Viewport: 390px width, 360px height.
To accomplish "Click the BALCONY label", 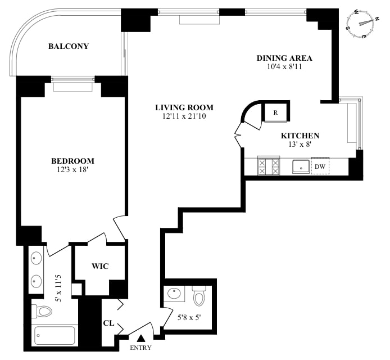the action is [x=69, y=46].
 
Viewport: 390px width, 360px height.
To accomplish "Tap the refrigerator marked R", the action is [x=275, y=112].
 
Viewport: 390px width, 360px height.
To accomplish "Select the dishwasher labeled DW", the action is [x=320, y=166].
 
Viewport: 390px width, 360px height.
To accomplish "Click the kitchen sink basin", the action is [x=301, y=166].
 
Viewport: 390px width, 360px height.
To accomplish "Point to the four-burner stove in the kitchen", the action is [x=269, y=166].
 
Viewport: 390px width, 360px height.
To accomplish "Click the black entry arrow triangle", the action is [x=141, y=338].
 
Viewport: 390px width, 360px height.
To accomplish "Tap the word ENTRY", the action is [x=140, y=348].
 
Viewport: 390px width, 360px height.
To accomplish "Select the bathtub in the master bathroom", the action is [x=55, y=336].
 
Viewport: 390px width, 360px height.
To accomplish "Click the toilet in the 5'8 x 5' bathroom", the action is [x=199, y=296].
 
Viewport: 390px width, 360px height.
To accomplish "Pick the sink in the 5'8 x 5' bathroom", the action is [x=176, y=293].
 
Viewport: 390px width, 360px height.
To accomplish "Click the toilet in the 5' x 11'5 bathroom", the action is [x=42, y=311].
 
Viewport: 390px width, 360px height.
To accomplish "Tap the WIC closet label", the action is [x=100, y=266].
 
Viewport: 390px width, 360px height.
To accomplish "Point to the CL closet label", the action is [x=108, y=323].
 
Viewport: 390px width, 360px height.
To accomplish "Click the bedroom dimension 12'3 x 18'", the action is [x=72, y=170].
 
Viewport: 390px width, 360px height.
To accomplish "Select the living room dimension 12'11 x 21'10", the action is [x=184, y=116].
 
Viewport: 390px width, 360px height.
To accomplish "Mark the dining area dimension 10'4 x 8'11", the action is [x=284, y=67].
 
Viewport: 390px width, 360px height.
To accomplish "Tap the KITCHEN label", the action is [x=300, y=136].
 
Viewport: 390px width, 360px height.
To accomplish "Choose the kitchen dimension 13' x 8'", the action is [x=300, y=144].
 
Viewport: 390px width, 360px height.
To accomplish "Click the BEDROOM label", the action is [x=72, y=161].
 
